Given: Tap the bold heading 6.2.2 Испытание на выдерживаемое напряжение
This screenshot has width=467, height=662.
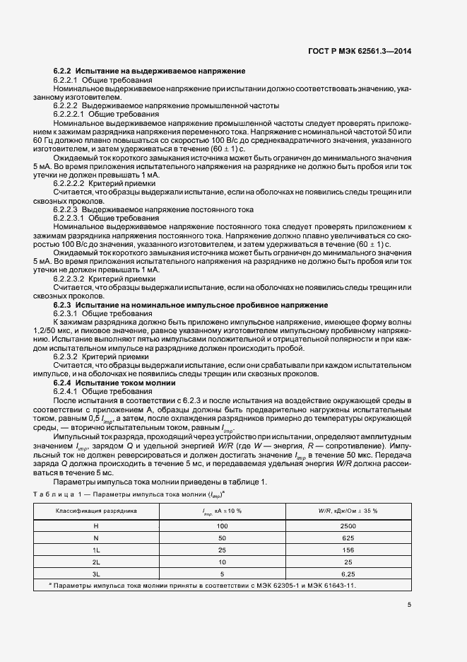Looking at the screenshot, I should click(x=149, y=71).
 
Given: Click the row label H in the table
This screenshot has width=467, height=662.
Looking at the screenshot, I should click(x=96, y=526).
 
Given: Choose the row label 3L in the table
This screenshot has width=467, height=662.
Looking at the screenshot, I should click(x=96, y=574).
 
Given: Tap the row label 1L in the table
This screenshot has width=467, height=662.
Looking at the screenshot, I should click(x=96, y=550).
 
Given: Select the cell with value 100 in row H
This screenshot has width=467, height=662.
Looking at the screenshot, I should click(x=223, y=526).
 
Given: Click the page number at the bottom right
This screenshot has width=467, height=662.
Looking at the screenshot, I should click(x=409, y=605).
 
